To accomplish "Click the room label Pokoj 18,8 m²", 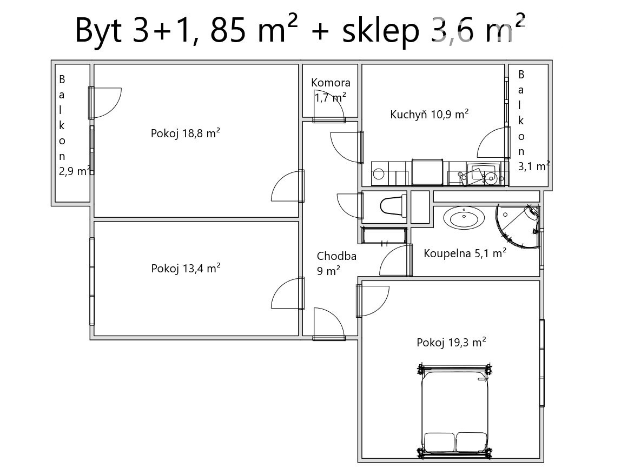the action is tap(186, 133).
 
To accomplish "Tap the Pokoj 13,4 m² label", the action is tap(186, 269).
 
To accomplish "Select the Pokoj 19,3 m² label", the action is tap(451, 342).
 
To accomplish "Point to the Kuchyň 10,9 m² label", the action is tap(430, 115).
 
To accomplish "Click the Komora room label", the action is tap(331, 83).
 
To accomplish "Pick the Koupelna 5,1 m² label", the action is tap(465, 253).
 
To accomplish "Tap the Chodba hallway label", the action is tap(336, 256).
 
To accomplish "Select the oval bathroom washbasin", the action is tap(464, 218).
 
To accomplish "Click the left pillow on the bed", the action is tap(439, 442).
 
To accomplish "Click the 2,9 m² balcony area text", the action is tap(75, 171).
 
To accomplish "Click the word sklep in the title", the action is tap(381, 31).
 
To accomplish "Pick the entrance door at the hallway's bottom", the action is tap(329, 324).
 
